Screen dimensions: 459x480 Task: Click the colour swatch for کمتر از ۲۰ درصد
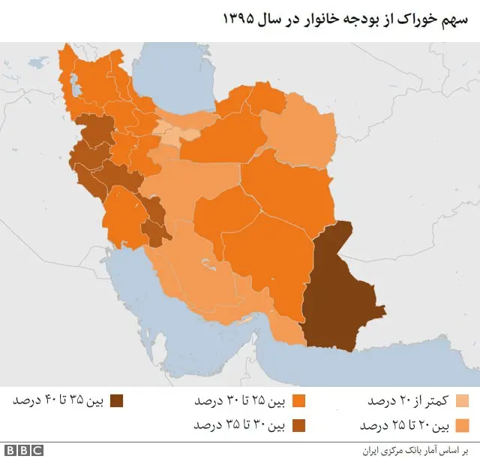[463, 400]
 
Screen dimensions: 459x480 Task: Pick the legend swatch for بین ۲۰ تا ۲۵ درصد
[463, 425]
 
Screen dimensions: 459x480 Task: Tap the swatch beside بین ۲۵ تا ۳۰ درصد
[300, 400]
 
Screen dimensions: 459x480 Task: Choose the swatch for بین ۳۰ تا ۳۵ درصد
[300, 425]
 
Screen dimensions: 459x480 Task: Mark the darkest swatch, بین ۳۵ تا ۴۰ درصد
[116, 400]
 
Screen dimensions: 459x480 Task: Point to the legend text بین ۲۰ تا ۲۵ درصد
[404, 425]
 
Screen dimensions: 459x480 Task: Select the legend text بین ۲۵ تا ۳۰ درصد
[241, 400]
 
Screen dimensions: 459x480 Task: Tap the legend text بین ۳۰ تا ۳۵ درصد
[241, 425]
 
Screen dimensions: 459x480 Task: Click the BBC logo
[25, 450]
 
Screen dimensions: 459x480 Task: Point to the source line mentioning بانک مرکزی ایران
[420, 450]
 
